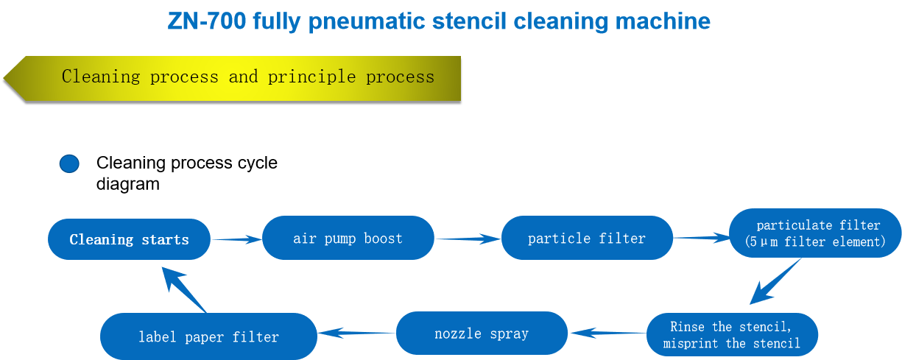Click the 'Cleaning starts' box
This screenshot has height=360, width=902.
tap(129, 239)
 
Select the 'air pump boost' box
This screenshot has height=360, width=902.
tap(348, 238)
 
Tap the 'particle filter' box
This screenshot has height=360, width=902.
tap(587, 238)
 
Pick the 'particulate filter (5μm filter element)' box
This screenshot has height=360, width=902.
tap(815, 233)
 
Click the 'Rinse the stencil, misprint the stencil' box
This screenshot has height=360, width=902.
tap(732, 335)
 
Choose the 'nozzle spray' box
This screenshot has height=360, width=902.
tap(482, 333)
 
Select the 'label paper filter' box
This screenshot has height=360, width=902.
tap(208, 336)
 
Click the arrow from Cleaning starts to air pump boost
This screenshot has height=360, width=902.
tap(236, 239)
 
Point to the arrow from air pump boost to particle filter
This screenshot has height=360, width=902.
tap(468, 239)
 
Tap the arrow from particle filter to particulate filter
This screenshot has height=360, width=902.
tap(701, 238)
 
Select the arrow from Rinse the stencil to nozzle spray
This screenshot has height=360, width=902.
tap(607, 333)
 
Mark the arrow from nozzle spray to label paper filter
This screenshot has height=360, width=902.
tap(356, 333)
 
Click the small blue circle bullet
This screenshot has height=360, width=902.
tap(69, 163)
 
